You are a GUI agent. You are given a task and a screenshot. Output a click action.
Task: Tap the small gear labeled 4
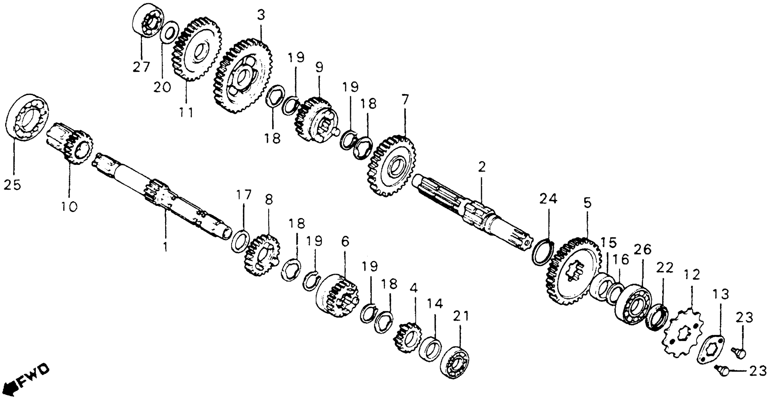407,337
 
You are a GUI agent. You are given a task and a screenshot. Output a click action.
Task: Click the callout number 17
243,196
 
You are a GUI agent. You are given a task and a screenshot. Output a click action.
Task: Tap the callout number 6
345,241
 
